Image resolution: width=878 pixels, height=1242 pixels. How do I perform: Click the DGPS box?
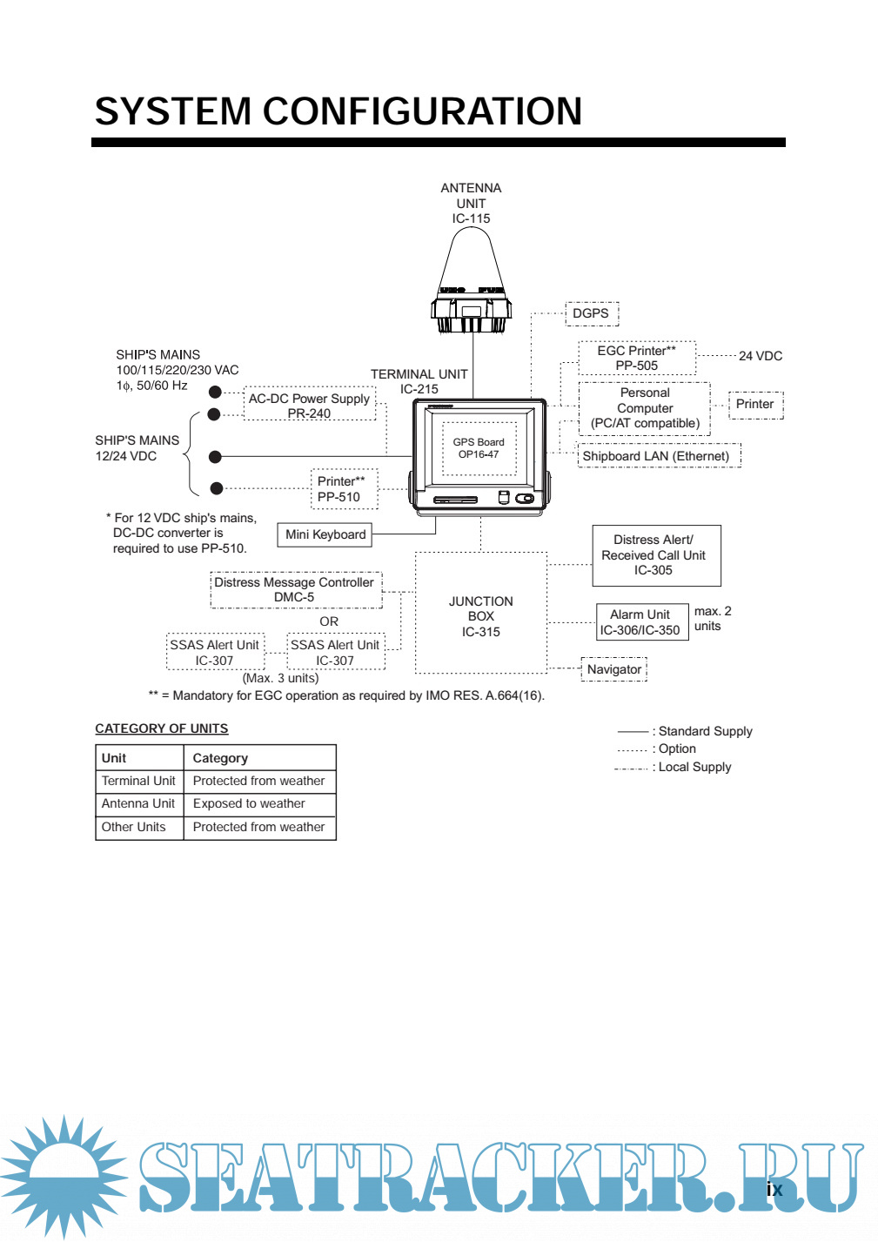(591, 313)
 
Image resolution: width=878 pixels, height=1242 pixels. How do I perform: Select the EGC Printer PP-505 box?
(637, 359)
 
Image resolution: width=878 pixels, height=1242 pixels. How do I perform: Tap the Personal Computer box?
(645, 408)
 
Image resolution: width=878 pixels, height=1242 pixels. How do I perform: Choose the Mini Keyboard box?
(325, 534)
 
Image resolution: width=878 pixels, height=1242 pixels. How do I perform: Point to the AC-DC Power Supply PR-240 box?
(309, 405)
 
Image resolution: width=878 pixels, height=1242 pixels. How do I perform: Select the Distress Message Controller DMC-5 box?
(295, 589)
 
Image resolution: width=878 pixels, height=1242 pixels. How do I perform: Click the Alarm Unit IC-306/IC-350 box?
(640, 622)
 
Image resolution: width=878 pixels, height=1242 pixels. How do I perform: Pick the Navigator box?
(614, 669)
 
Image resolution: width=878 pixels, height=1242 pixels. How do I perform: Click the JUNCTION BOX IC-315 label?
(481, 616)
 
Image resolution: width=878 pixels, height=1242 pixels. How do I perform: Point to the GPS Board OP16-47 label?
(479, 448)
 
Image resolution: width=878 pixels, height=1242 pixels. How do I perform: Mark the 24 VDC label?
(761, 356)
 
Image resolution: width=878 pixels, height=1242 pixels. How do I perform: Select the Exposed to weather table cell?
(250, 803)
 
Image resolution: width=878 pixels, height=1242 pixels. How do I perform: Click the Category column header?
(220, 758)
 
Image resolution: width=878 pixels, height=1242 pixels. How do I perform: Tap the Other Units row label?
(133, 827)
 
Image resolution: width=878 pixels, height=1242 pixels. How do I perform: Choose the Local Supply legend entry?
(694, 767)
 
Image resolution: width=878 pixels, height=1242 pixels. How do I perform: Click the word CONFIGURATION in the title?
(422, 111)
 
